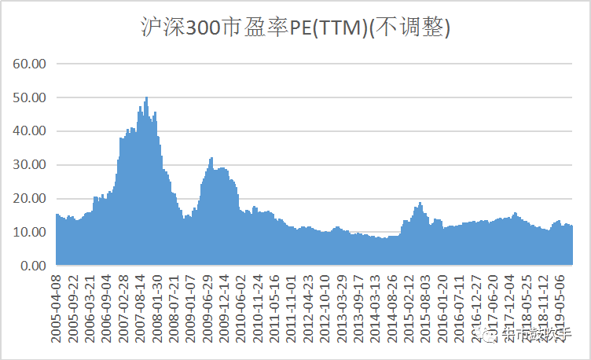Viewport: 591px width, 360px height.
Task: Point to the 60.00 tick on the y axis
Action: pos(31,64)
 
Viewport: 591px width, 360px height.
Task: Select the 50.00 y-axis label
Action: pos(31,97)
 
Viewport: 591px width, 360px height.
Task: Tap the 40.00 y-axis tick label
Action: pos(31,131)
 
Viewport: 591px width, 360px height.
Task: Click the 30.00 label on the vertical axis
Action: pos(31,165)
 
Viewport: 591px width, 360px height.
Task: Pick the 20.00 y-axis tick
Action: pos(31,199)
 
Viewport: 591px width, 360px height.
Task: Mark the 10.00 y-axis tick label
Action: pos(31,233)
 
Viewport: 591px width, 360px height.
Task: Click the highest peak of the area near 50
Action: pos(147,98)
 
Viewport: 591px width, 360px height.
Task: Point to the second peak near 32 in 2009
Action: pos(211,159)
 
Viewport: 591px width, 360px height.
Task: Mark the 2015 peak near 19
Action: pos(420,204)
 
